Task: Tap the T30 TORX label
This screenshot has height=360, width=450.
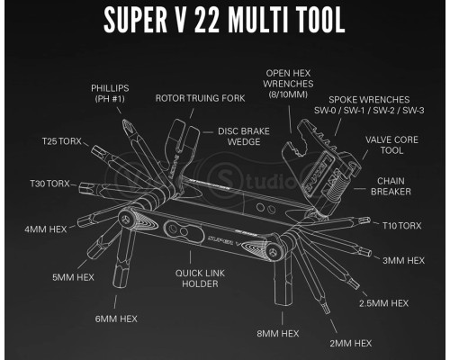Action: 46,184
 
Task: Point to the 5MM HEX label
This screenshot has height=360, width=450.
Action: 74,277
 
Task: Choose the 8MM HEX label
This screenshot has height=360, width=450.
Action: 277,333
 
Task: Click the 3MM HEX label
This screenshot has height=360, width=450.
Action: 402,260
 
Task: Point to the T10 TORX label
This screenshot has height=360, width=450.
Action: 401,225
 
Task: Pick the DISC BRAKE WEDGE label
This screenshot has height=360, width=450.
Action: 238,135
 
